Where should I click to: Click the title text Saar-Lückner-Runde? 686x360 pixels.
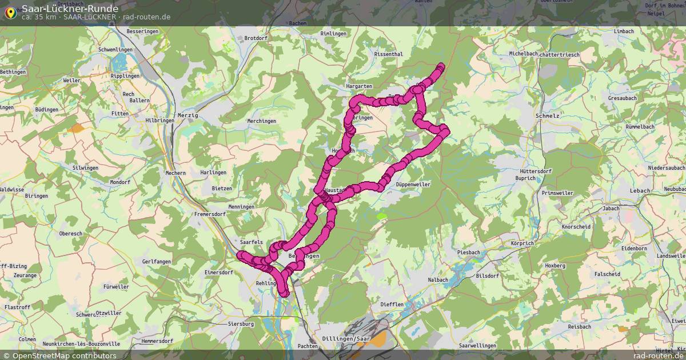tap(70, 8)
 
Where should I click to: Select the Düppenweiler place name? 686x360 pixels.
tap(413, 185)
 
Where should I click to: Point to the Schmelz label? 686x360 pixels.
tap(548, 115)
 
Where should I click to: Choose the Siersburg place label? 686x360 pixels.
tap(241, 324)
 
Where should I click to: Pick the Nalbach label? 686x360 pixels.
tap(438, 279)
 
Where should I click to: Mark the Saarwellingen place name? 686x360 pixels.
tap(477, 346)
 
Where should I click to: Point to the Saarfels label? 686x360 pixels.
tap(252, 242)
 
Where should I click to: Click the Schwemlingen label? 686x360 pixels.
tap(115, 50)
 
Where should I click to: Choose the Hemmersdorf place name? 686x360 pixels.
tap(141, 341)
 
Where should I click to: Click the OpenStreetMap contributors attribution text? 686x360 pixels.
tap(64, 355)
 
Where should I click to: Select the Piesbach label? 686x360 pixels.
tap(468, 252)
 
